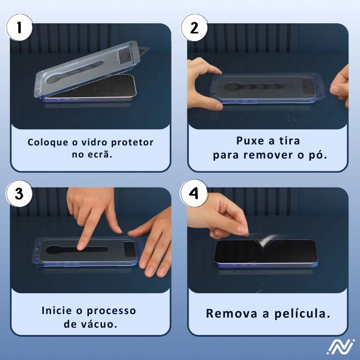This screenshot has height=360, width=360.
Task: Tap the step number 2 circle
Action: coord(194,28)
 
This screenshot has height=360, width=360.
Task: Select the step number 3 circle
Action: coord(19,194)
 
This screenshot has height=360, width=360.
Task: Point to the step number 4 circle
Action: coord(194,194)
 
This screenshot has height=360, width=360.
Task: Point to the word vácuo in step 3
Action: coord(99,324)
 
